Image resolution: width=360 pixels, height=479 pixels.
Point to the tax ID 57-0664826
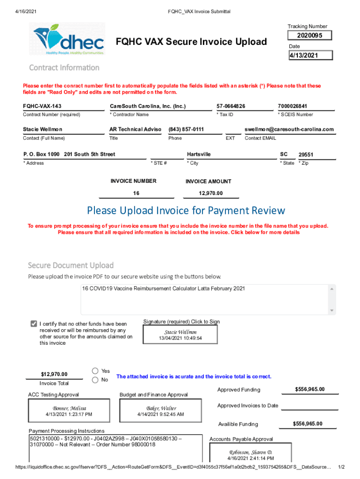(230, 106)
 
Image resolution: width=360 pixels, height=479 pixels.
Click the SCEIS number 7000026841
(295, 106)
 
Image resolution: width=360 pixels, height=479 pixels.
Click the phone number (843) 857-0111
(186, 129)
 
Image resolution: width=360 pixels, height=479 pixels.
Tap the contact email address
(289, 129)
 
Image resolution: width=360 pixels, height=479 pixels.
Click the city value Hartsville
(199, 154)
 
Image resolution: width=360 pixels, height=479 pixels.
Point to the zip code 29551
(306, 154)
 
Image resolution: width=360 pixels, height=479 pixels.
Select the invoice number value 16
(136, 193)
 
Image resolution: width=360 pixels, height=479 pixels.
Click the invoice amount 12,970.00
(210, 193)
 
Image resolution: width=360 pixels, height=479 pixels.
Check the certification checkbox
(34, 324)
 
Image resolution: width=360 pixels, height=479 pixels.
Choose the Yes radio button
(95, 371)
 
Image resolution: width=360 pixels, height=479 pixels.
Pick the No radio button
(95, 380)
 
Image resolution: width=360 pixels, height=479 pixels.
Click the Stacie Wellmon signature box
(180, 335)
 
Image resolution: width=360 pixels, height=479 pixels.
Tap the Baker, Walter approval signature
(160, 411)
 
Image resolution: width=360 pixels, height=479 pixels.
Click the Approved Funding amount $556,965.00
(310, 390)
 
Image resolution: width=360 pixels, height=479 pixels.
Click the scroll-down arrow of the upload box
(332, 311)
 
